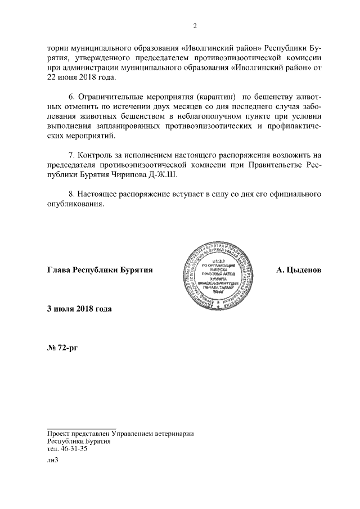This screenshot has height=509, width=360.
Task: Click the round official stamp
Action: [216, 271]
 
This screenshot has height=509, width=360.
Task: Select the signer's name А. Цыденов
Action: [298, 270]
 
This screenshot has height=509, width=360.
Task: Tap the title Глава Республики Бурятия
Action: [100, 270]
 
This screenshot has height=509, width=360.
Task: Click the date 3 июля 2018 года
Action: [79, 309]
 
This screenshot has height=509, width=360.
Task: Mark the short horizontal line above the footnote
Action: [81, 428]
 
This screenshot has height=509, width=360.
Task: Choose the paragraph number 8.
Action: [70, 195]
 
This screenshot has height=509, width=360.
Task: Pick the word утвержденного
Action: [99, 57]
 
